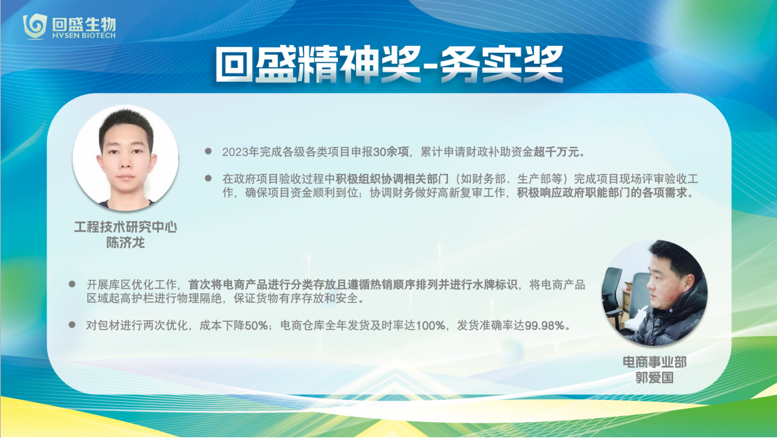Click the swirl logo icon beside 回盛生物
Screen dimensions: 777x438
click(35, 26)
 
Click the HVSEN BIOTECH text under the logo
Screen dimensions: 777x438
click(84, 36)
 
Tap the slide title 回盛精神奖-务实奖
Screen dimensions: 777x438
click(389, 64)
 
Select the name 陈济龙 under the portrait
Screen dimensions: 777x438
click(125, 243)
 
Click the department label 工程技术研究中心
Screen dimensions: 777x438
click(125, 227)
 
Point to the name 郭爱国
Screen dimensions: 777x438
click(654, 378)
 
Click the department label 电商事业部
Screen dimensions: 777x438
click(654, 362)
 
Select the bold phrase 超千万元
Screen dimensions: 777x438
click(556, 152)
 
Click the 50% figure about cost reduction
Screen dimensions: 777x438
click(256, 326)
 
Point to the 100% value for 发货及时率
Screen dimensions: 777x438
click(430, 326)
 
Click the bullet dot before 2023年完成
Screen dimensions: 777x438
click(208, 151)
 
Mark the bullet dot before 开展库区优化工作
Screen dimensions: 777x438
click(72, 283)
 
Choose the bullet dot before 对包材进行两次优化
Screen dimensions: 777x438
click(72, 324)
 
